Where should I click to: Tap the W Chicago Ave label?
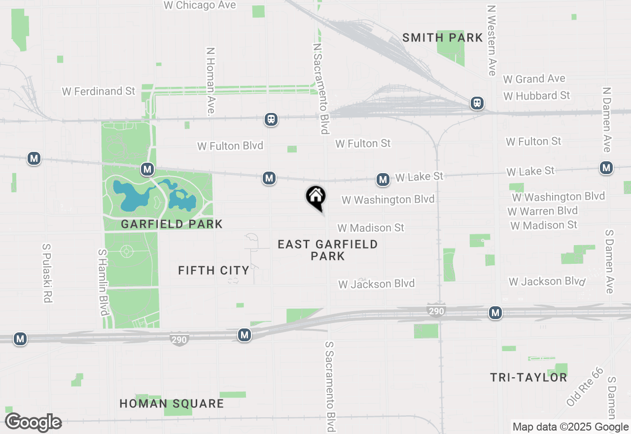tap(200, 5)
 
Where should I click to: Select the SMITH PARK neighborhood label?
tap(442, 37)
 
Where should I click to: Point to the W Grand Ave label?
tap(534, 79)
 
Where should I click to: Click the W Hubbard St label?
tap(536, 95)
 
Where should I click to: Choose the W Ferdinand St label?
tap(99, 91)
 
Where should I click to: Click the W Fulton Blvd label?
tap(230, 146)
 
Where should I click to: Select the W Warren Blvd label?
tap(542, 211)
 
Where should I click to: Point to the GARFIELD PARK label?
tap(172, 224)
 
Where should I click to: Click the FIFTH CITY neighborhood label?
tap(213, 270)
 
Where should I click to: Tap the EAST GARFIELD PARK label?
tap(328, 250)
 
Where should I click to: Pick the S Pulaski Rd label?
tap(48, 273)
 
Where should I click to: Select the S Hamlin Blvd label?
tap(103, 282)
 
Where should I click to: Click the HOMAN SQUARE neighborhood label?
tap(172, 404)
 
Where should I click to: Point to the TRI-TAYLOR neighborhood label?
tap(528, 378)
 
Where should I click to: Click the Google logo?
tap(33, 422)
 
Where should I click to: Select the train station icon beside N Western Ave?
tap(477, 104)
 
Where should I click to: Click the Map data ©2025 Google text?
tap(570, 427)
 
